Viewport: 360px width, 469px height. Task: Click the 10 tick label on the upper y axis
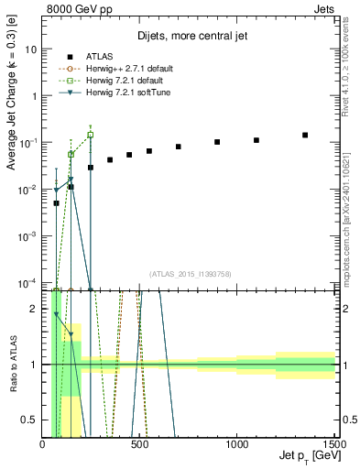(30, 49)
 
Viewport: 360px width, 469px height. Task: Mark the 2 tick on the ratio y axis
(33, 309)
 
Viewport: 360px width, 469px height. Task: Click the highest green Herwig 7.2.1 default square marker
(90, 135)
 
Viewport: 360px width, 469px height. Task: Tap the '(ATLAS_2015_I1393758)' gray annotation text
(191, 273)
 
